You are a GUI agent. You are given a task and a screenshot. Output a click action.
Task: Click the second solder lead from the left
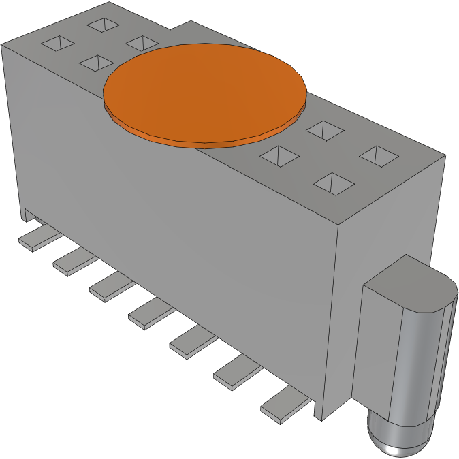(72, 260)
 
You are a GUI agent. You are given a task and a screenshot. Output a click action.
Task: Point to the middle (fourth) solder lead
(149, 313)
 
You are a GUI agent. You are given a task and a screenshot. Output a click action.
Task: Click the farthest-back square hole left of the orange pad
(103, 25)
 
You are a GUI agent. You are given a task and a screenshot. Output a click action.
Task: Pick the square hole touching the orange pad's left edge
(141, 43)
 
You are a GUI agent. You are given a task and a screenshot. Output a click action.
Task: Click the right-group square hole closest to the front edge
(334, 183)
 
